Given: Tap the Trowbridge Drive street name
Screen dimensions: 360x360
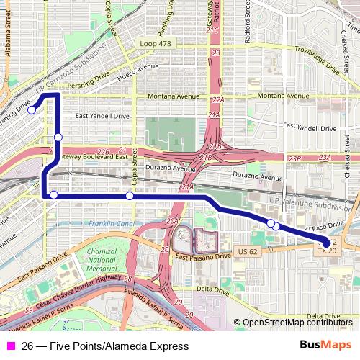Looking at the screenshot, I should click(x=317, y=60).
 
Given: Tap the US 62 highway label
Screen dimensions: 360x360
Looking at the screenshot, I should click(x=246, y=252).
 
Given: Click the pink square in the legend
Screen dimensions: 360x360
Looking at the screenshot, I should click(x=10, y=346).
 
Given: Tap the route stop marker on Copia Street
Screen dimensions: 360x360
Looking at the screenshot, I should click(x=130, y=196).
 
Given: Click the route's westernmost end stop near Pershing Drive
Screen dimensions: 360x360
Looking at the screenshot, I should click(x=32, y=110).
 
